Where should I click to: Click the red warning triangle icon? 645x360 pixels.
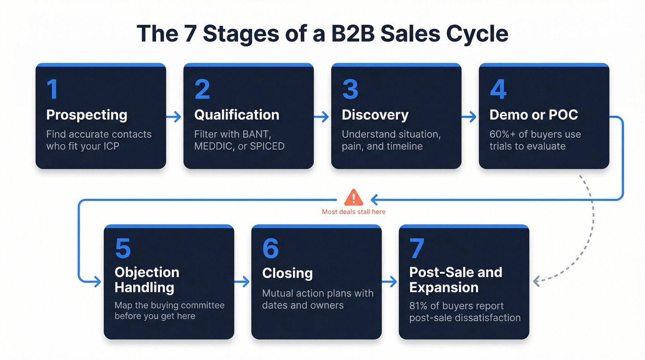(353, 198)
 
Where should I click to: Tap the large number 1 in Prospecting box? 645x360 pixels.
(52, 89)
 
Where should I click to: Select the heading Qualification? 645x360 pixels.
(236, 115)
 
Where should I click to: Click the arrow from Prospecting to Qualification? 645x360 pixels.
(174, 117)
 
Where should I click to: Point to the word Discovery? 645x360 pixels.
(375, 115)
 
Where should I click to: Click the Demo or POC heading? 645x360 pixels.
(534, 115)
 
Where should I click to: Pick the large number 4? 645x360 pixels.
(498, 89)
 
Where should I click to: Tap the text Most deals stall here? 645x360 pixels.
(353, 212)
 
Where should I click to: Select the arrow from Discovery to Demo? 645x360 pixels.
(469, 117)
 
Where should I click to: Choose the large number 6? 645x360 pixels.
(270, 248)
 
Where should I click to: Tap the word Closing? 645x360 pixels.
(287, 273)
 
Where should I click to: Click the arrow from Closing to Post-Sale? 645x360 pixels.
(390, 282)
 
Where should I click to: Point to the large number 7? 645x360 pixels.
(416, 248)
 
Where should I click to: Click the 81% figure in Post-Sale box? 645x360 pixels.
(418, 306)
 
